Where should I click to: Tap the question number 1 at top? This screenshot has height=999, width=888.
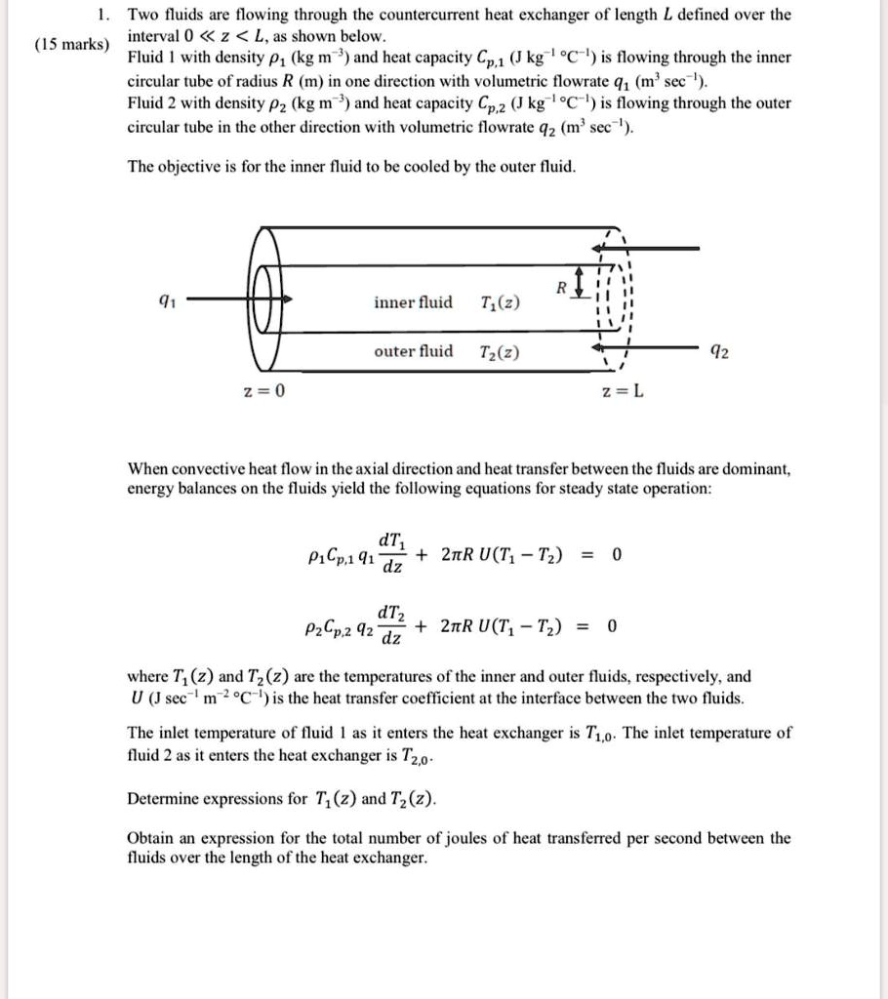click(x=102, y=15)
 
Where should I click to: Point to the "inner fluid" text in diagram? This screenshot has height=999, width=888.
click(x=413, y=302)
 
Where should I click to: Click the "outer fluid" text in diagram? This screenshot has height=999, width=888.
click(x=413, y=351)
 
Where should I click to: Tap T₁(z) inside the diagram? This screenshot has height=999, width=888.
click(x=501, y=303)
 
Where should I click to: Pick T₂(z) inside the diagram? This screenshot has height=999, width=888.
click(x=501, y=352)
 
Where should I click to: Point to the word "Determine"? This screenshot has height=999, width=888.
click(x=164, y=799)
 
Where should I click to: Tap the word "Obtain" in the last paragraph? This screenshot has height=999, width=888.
click(x=151, y=838)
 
